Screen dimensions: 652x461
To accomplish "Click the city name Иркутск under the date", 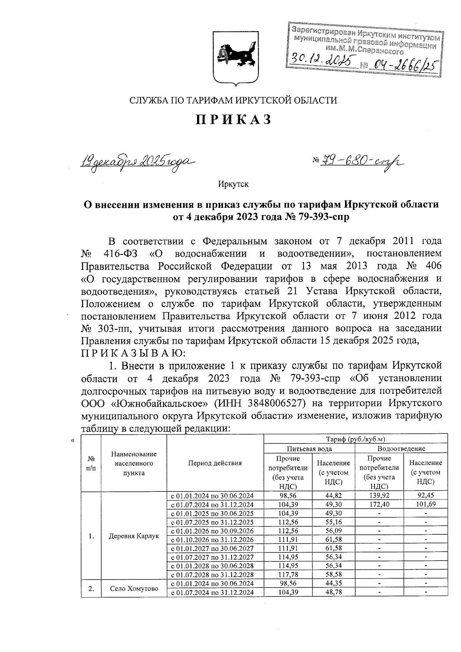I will pos(233,184).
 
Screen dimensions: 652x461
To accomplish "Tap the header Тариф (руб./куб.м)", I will pos(356,439).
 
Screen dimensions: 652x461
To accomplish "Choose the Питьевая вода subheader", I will pos(310,448).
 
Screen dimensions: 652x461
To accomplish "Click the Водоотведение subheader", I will pos(401,448).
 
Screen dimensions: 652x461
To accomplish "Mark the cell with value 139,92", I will pos(379,496).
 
